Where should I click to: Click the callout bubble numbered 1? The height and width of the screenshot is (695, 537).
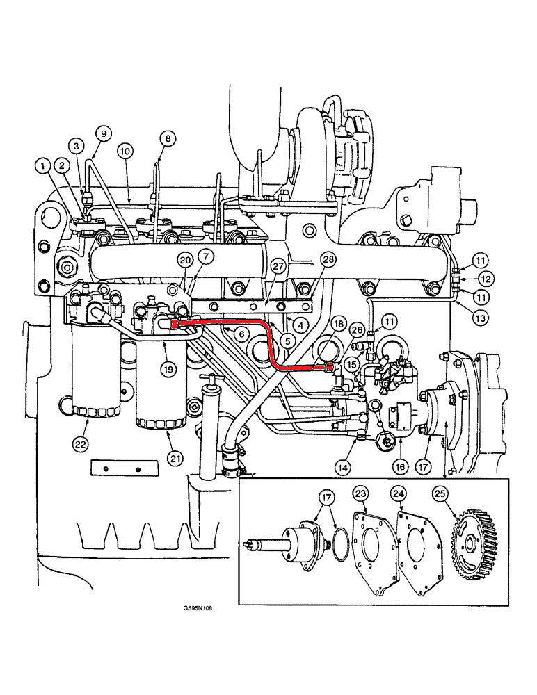[x=44, y=165]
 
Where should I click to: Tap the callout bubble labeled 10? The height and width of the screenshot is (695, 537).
[x=125, y=150]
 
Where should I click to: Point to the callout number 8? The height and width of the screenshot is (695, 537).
[x=168, y=138]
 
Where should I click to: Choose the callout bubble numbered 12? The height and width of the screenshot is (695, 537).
[x=486, y=279]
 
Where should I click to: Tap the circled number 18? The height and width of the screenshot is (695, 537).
[x=338, y=324]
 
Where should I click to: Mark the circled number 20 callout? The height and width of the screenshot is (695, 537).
[x=184, y=261]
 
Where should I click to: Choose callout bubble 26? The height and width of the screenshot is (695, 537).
[x=358, y=329]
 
